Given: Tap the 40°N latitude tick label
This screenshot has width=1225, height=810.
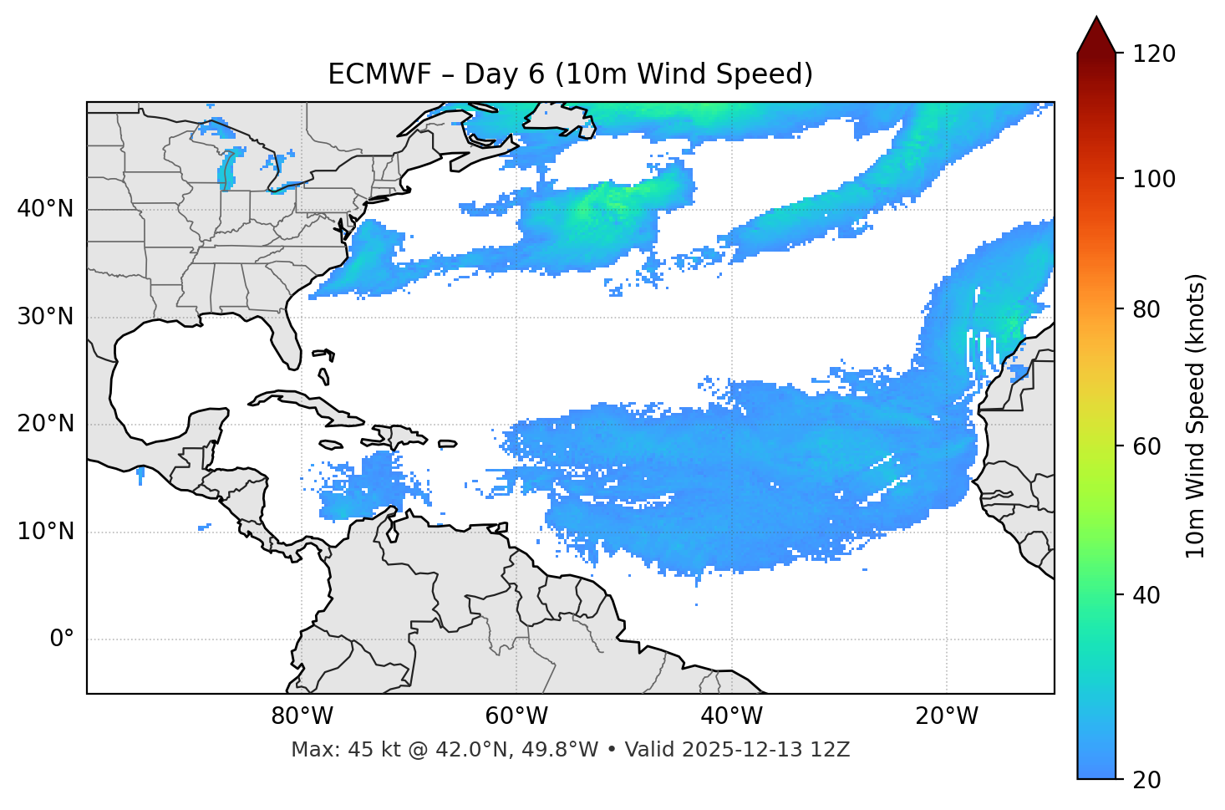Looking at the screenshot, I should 45,209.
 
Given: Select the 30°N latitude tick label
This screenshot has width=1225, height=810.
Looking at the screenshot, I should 45,317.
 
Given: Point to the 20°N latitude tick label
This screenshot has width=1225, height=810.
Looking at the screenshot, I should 45,424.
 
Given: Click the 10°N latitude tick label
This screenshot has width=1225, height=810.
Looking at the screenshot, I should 45,532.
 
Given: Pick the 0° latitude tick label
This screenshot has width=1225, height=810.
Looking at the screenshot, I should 62,639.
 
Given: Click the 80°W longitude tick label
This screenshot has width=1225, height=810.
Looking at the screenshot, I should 302,716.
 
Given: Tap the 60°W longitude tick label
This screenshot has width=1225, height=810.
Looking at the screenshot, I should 516,716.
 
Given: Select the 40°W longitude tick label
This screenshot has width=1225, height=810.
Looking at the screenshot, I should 731,716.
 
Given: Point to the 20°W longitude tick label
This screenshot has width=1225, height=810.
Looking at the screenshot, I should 946,716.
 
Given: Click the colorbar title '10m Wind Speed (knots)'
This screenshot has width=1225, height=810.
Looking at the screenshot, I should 1196,415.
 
